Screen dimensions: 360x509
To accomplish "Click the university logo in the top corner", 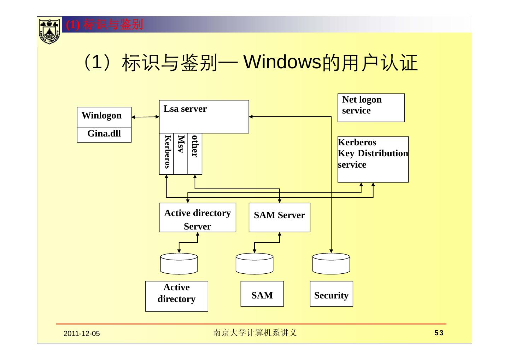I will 49,31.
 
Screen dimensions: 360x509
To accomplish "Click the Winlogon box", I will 104,117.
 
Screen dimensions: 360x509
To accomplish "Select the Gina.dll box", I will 104,134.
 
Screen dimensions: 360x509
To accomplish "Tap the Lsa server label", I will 185,109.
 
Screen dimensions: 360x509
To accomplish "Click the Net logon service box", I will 371,108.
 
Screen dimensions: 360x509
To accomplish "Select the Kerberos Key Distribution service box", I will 373,159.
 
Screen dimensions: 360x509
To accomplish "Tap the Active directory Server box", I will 197,217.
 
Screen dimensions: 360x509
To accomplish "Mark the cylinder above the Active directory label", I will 179,263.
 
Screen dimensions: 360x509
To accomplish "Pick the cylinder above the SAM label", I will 255,263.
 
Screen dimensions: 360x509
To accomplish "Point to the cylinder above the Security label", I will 331,263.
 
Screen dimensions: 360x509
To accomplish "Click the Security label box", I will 331,294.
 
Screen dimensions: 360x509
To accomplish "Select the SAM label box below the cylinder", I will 262,294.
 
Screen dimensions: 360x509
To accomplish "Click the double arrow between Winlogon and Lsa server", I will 145,117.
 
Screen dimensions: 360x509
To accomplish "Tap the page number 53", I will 439,333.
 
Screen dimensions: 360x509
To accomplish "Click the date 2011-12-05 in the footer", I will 82,333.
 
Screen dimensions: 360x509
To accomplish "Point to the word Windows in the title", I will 283,63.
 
